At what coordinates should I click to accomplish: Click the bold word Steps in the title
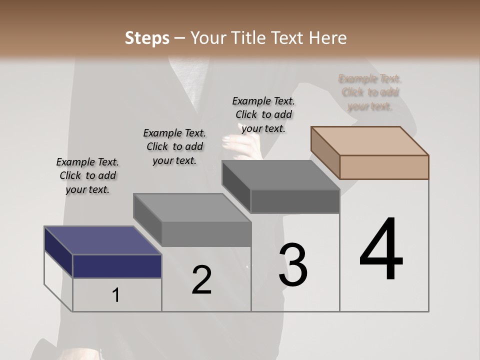click(x=147, y=38)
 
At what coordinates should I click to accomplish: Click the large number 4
click(x=381, y=250)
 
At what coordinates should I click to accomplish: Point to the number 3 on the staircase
click(x=292, y=265)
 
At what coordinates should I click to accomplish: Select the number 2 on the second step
click(x=201, y=280)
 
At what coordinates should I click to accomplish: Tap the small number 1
click(x=116, y=295)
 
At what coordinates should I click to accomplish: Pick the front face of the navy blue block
click(x=117, y=266)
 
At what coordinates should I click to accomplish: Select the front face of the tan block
click(x=384, y=167)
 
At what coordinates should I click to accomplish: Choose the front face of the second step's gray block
click(x=206, y=234)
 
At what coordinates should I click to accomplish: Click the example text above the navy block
click(x=87, y=175)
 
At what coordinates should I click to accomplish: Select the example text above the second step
click(x=174, y=146)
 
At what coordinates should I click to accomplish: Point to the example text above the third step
click(x=263, y=114)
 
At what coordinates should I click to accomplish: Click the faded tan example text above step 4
click(x=370, y=92)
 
